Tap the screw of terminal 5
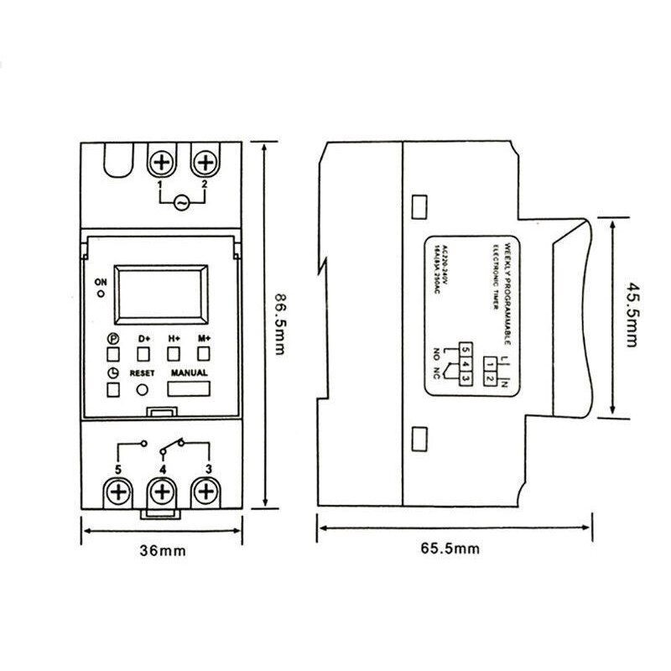coord(118,491)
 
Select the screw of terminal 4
coord(162,491)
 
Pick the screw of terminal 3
coord(204,491)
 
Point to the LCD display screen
coord(160,293)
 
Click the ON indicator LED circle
coord(101,294)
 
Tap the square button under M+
coord(204,353)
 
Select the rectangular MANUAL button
coord(189,389)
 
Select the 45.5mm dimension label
coord(632,316)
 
